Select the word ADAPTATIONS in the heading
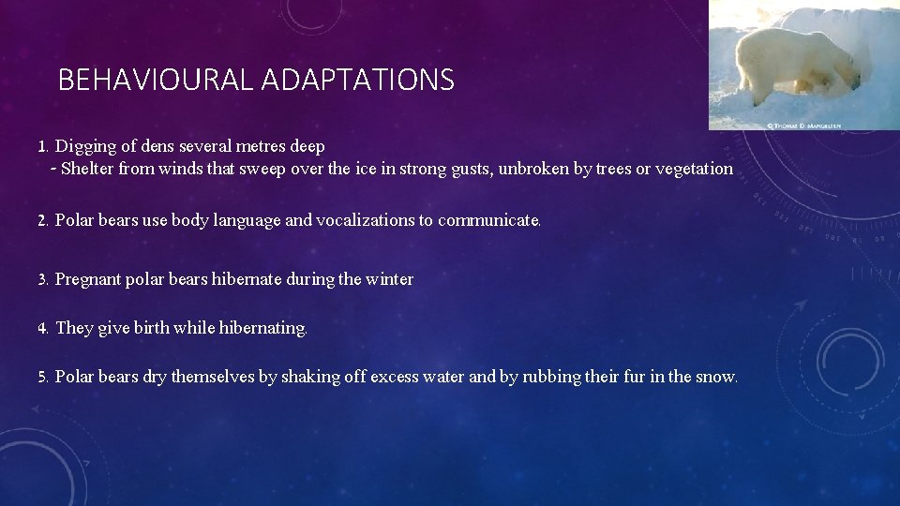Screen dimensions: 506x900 [x=358, y=81]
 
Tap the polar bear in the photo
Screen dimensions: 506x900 [x=798, y=60]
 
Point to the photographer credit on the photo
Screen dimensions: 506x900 [x=804, y=125]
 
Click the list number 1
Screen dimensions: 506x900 [x=42, y=147]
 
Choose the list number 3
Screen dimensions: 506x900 [x=42, y=279]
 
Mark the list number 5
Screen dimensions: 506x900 [x=42, y=378]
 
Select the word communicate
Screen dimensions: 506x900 [x=488, y=220]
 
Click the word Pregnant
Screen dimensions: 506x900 [x=88, y=279]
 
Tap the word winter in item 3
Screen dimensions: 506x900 [x=389, y=279]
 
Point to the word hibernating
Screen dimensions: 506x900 [x=262, y=328]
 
